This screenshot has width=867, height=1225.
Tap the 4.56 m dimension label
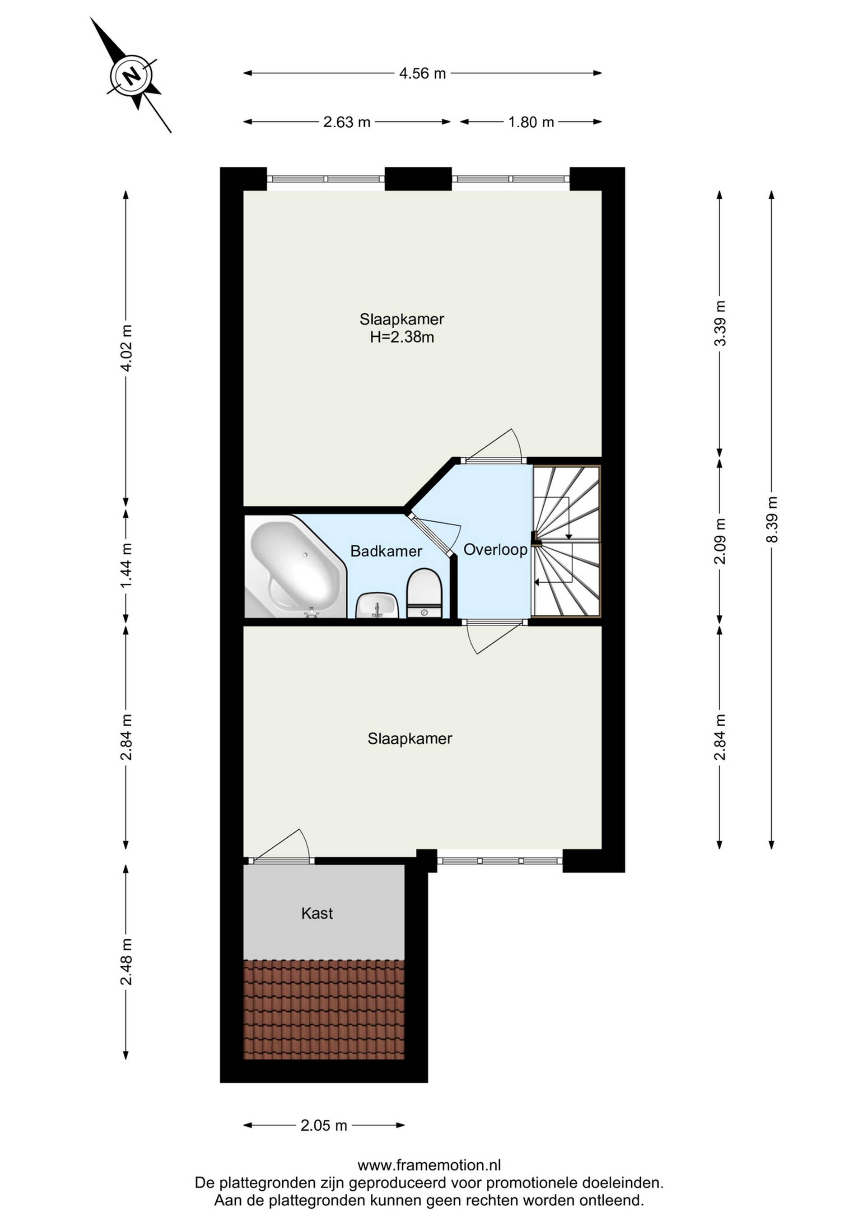pos(422,73)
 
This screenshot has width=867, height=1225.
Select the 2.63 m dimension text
pos(346,122)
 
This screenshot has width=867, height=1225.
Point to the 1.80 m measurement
pos(531,122)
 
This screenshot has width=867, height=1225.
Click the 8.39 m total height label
pos(772,519)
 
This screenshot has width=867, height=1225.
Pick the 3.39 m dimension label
pos(720,323)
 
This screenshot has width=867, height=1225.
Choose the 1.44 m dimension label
pos(126,566)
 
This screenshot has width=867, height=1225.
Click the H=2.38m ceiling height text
pos(402,337)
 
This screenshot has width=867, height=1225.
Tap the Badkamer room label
pos(386,551)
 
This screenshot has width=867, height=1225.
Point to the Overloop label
pos(495,550)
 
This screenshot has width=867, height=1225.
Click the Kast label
pos(317,914)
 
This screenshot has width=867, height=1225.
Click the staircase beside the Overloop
pos(567,541)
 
